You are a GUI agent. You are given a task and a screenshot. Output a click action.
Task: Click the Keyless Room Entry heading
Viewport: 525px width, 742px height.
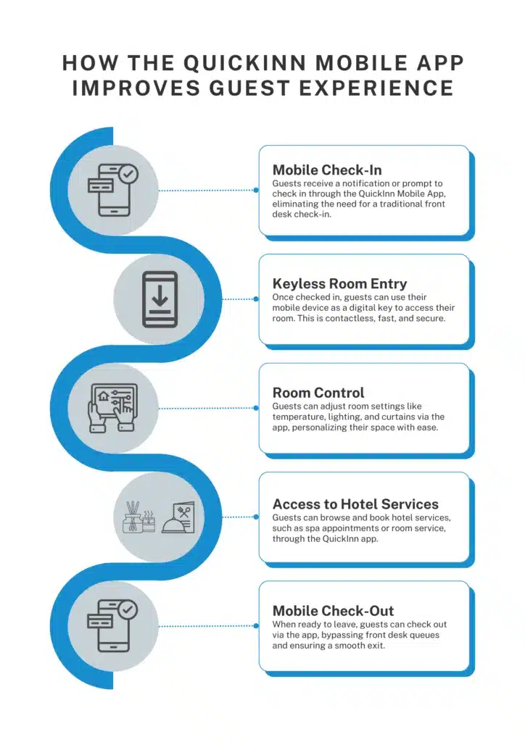click(339, 283)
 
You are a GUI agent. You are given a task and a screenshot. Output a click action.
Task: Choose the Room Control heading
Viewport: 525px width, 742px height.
click(318, 393)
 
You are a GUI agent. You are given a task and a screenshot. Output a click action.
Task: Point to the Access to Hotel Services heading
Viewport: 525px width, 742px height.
click(355, 504)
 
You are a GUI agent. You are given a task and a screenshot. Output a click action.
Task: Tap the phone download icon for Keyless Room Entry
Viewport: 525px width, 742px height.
click(159, 299)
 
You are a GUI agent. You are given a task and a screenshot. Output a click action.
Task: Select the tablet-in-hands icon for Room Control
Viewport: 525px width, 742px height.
click(112, 408)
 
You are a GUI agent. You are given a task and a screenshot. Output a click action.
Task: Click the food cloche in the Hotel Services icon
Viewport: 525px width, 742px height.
click(175, 524)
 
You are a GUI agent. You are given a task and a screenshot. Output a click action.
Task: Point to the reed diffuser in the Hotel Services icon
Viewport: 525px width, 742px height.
click(133, 516)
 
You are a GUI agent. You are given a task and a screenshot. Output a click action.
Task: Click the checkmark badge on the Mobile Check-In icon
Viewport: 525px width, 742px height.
click(128, 174)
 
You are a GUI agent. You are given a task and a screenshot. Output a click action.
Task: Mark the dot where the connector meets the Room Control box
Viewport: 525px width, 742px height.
click(257, 408)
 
